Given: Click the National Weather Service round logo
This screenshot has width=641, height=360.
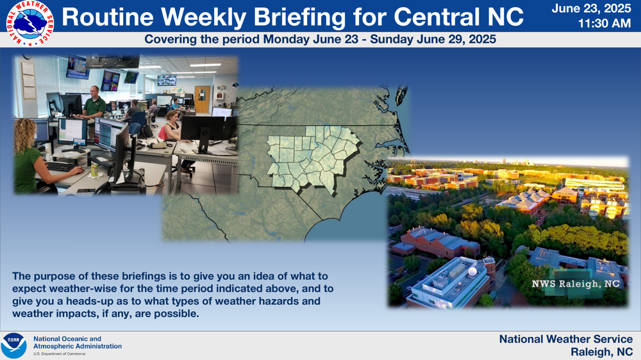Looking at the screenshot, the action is (30, 23).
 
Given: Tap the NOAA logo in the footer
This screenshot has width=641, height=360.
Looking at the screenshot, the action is (14, 346).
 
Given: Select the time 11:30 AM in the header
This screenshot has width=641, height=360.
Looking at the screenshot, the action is (604, 24).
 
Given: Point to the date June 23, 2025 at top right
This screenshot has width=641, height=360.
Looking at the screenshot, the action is (591, 8).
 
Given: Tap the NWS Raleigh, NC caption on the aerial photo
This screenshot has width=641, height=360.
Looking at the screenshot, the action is (575, 284).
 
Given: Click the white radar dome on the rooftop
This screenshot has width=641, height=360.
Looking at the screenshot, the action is (472, 272).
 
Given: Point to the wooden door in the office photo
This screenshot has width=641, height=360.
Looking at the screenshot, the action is (202, 99).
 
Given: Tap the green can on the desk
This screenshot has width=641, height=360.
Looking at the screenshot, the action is (94, 170).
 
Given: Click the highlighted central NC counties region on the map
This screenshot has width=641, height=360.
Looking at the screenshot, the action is (313, 158).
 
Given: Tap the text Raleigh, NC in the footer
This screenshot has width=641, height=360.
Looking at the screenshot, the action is (602, 352).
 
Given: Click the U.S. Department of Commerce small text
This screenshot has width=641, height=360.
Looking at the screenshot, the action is (59, 354).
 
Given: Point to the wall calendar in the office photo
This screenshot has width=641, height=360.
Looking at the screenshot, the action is (29, 81).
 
